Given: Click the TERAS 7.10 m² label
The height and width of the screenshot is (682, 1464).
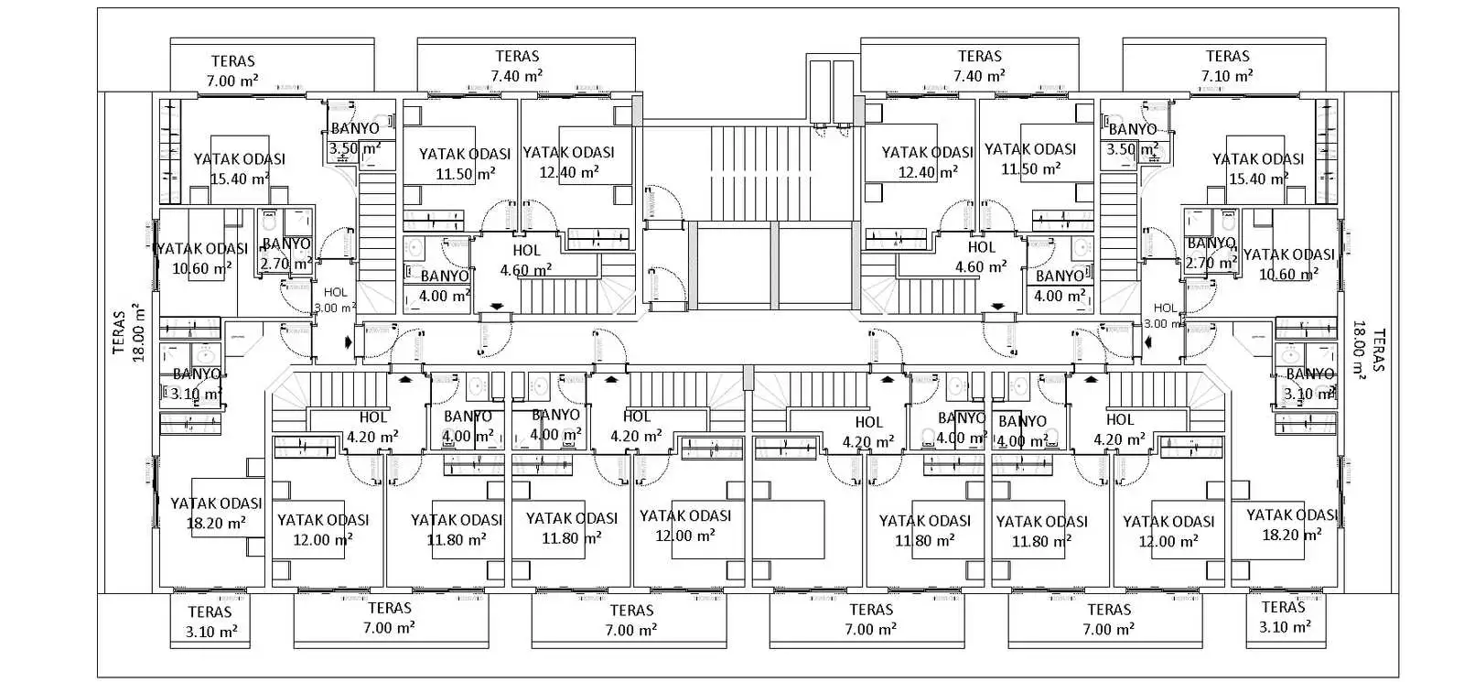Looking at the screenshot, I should point(1226,66).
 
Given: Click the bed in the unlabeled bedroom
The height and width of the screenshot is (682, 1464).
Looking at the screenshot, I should point(789,529).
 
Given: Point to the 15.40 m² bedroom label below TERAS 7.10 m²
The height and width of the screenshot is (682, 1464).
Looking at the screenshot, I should point(1257,168).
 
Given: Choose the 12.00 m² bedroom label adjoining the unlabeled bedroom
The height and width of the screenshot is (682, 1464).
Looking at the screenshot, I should point(685,525).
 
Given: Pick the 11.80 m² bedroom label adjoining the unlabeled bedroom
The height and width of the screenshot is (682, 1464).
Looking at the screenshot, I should point(924,530).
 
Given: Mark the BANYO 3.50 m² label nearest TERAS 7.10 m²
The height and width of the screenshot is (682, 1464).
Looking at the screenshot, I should point(1132,139).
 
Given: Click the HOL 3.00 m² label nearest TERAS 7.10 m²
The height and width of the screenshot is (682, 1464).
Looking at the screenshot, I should point(1165,316).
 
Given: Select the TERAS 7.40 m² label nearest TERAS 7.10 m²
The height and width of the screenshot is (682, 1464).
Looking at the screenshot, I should point(979,66).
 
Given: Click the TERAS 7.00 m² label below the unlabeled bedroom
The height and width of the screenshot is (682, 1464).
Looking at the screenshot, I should point(870,619).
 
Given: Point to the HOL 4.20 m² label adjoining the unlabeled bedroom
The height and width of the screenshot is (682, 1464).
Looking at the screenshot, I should point(868,431).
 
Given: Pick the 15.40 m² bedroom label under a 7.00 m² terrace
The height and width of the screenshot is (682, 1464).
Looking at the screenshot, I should point(239,168).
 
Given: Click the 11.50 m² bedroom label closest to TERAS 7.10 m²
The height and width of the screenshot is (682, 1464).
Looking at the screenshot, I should point(1030,158).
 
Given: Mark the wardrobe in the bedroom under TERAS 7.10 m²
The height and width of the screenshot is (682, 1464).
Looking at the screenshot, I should point(1326,151).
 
